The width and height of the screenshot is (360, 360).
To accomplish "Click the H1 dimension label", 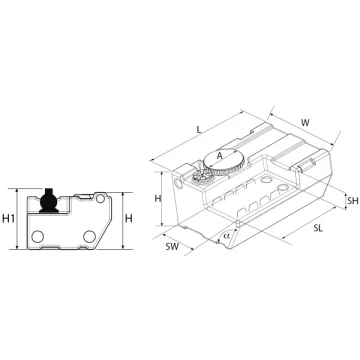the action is click(9, 219).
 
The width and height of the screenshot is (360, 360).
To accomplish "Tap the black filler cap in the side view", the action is click(49, 201).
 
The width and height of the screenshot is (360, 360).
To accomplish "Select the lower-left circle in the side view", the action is click(38, 236).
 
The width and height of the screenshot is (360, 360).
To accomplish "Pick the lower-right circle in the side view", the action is click(89, 236).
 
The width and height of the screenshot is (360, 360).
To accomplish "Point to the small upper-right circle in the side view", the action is click(100, 199).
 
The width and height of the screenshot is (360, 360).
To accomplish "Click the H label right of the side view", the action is click(128, 219).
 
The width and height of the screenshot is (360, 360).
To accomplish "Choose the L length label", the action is click(199, 130).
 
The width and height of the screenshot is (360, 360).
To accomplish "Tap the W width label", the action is click(305, 122).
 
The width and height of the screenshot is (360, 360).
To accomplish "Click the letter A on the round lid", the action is click(219, 155).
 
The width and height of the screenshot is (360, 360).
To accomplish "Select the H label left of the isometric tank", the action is click(158, 199).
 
